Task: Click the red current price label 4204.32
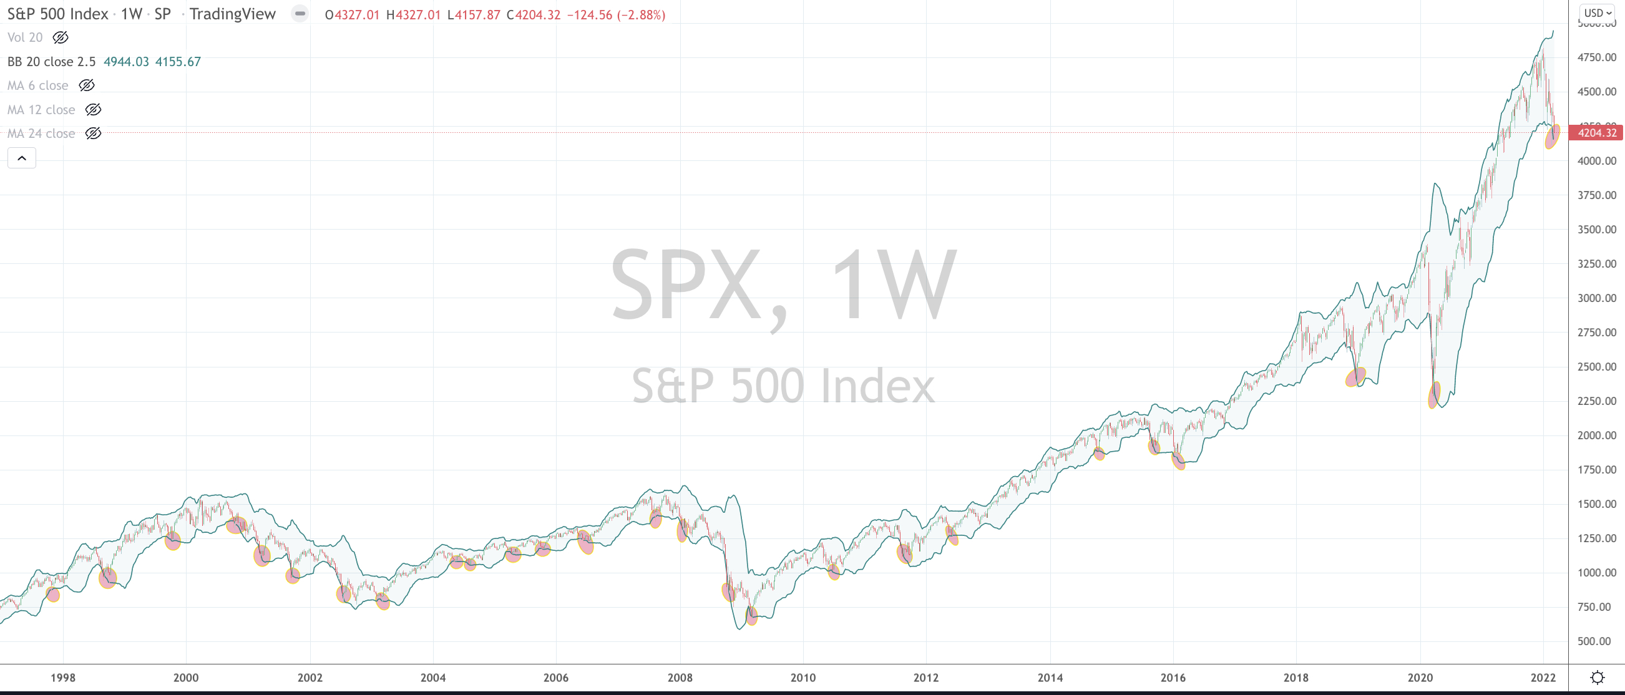click(1596, 132)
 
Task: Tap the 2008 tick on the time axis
click(680, 678)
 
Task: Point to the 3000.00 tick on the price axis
click(1597, 298)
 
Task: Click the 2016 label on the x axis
click(1173, 678)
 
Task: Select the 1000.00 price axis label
click(1597, 573)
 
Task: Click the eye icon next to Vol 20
click(61, 37)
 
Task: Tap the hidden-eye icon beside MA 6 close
click(86, 85)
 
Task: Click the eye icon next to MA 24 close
click(93, 133)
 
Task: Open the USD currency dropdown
click(1598, 12)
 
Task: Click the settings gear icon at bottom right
click(1598, 678)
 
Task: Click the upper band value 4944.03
click(126, 61)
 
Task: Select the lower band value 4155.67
click(178, 61)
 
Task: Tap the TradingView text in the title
click(232, 14)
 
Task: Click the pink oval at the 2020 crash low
click(1434, 395)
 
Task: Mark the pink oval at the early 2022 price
click(1552, 136)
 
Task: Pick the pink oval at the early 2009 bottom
click(751, 616)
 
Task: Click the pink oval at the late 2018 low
click(1355, 377)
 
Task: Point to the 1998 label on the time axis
click(62, 678)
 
